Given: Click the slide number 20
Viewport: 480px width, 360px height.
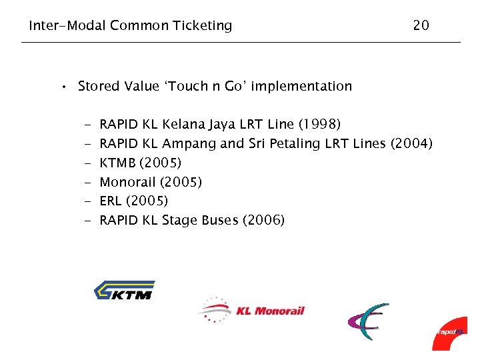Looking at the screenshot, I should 421,26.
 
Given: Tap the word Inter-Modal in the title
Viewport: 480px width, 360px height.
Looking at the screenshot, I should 67,26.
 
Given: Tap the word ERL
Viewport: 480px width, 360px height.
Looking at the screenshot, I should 111,201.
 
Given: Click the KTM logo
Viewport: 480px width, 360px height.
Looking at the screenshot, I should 124,290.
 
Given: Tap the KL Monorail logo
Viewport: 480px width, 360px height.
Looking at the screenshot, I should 251,310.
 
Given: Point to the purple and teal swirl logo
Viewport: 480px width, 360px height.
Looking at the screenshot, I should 368,321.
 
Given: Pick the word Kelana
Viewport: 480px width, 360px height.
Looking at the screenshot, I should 183,125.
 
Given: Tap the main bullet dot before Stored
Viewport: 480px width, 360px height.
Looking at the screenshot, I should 62,87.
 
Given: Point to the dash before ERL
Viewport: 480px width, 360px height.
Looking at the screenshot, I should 87,201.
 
